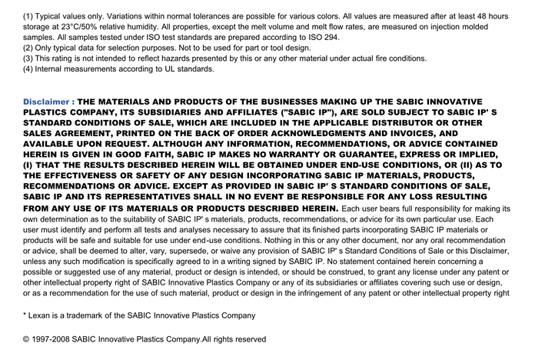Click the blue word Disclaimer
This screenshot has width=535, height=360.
(x=46, y=102)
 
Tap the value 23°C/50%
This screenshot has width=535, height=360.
(x=80, y=27)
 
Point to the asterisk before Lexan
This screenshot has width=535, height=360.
(x=25, y=315)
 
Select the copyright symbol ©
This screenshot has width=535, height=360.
(x=27, y=339)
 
